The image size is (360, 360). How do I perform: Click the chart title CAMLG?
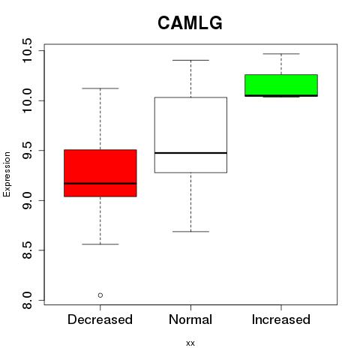click(190, 23)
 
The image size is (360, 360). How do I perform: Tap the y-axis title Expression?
click(7, 174)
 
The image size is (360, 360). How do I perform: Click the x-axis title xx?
click(190, 343)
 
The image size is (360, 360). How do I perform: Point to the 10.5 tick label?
click(27, 50)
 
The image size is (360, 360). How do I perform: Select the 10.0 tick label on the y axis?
click(27, 100)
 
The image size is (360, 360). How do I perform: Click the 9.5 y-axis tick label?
click(27, 151)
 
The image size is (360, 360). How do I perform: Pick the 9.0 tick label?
click(27, 200)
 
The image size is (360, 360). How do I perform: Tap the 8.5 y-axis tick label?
click(27, 250)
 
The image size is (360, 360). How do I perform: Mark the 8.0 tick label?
click(27, 300)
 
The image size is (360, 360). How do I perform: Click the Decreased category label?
click(100, 319)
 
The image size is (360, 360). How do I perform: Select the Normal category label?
click(190, 319)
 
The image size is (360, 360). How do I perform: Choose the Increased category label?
click(281, 319)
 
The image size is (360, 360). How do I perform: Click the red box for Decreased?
click(100, 173)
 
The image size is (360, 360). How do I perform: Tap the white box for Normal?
click(190, 135)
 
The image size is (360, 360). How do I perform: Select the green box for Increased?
click(281, 85)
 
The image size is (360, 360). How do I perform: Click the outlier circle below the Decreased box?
click(100, 295)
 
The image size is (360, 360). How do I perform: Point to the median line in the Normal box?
click(190, 153)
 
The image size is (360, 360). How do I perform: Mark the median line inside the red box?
click(100, 184)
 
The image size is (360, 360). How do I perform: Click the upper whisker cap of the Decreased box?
click(100, 88)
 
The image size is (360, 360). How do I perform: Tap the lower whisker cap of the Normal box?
click(190, 232)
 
